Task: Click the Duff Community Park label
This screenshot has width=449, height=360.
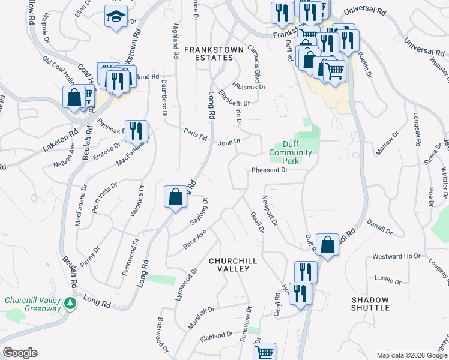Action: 291,152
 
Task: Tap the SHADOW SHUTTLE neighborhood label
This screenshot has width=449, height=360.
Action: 370,304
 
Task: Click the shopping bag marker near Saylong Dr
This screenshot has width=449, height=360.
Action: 175,197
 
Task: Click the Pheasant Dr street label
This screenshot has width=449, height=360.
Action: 270,170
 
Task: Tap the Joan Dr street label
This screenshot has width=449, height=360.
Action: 229,142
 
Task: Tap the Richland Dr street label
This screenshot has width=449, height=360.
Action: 217,335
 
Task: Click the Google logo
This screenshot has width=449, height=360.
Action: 20,353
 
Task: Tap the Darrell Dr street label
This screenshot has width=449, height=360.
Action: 379,229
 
